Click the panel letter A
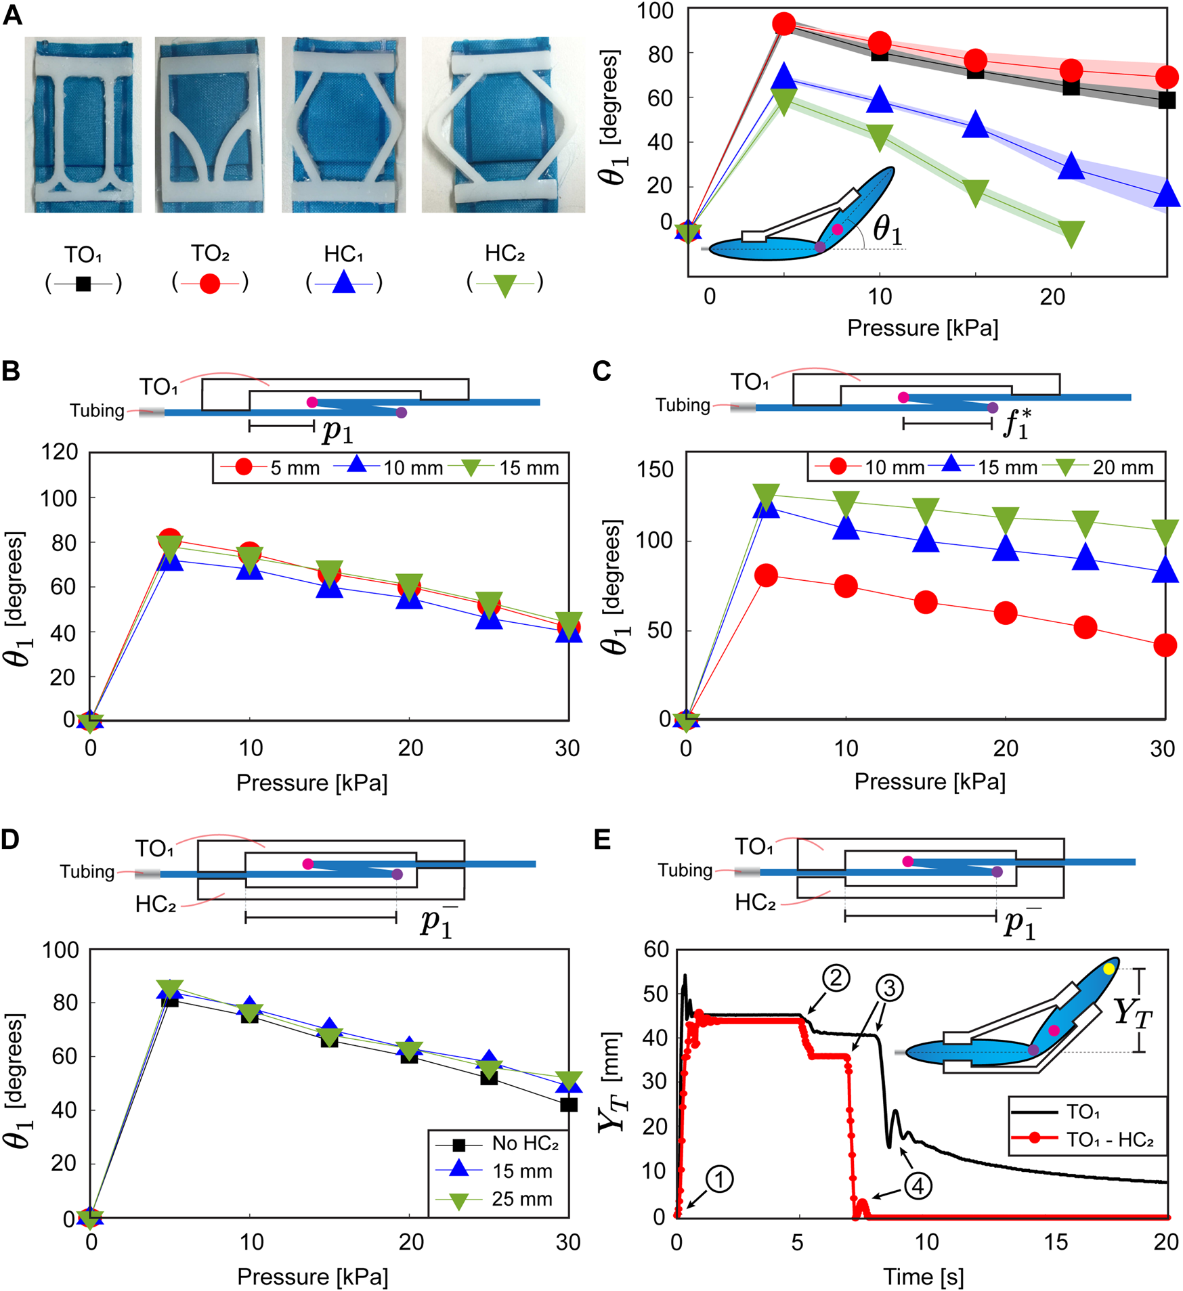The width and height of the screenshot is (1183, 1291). coord(12,15)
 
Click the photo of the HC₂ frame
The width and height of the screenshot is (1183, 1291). coord(503,125)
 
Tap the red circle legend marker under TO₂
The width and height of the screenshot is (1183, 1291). coord(210,283)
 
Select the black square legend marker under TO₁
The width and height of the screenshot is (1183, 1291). coord(83,284)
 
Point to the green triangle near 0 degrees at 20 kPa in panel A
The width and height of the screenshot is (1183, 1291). coord(1071,234)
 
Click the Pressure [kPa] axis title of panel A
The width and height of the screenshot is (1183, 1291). coord(922,328)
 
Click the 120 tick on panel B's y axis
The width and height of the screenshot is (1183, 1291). coord(60,452)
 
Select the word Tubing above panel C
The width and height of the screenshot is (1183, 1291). coord(683,405)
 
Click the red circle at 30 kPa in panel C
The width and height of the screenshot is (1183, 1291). coord(1165,645)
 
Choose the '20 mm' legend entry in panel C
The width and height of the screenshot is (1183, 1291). coord(1122,467)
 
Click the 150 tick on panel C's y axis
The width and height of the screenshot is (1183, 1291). coord(655,469)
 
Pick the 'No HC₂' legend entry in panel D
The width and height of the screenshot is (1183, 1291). coord(525,1143)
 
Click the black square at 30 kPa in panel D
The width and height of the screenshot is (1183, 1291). coord(569,1105)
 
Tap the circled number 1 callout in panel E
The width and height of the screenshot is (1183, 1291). coord(719,1179)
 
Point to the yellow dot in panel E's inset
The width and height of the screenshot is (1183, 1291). coord(1109,969)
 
